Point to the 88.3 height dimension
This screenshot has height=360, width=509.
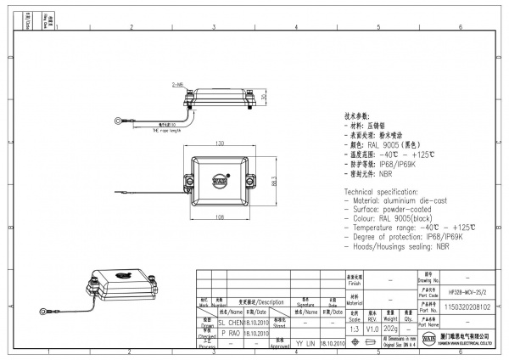pyautogui.click(x=274, y=181)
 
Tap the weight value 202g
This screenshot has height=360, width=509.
pyautogui.click(x=391, y=328)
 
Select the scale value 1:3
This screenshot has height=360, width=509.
pyautogui.click(x=354, y=328)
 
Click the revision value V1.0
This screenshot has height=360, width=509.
pyautogui.click(x=372, y=328)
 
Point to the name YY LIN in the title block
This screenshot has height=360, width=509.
pyautogui.click(x=305, y=343)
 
